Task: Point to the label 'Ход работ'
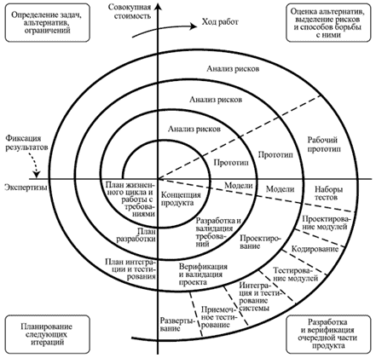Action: point(220,22)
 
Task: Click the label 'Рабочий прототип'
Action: point(322,144)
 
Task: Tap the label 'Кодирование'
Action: point(315,249)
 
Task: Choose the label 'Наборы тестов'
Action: point(328,194)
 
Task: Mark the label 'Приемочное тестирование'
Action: point(218,317)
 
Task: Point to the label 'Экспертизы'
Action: point(26,188)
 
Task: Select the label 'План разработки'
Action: point(137,234)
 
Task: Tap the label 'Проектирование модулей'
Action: point(327,222)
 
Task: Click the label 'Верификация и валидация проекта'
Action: point(203,274)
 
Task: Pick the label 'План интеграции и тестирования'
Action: point(130,269)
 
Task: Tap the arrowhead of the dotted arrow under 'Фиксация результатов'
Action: point(37,175)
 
